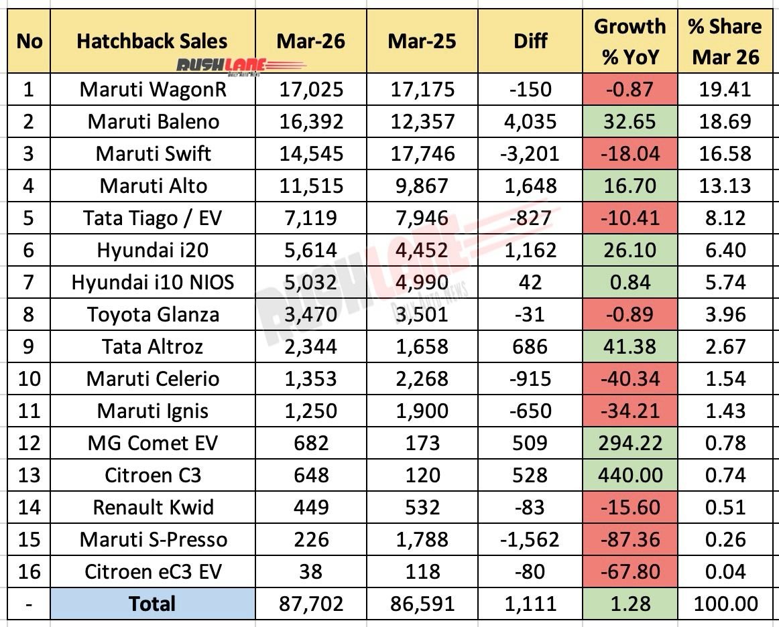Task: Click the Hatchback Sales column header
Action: pos(153,41)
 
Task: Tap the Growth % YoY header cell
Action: pos(630,42)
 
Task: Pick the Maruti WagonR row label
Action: pos(153,89)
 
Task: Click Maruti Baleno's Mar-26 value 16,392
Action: pos(310,121)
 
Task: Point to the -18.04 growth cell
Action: pos(630,153)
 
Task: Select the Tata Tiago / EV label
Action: pos(153,218)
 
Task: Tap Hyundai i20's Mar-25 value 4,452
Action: pos(422,250)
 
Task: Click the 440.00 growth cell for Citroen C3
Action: pos(630,475)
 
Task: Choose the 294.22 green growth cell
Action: pos(630,443)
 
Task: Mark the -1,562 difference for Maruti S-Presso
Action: pos(530,539)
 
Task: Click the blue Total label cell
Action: pos(153,604)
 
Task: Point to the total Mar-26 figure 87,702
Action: pos(310,604)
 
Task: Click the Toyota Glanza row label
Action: pos(153,314)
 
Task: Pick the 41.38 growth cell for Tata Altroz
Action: pos(630,346)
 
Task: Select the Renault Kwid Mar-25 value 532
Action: pos(422,507)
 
